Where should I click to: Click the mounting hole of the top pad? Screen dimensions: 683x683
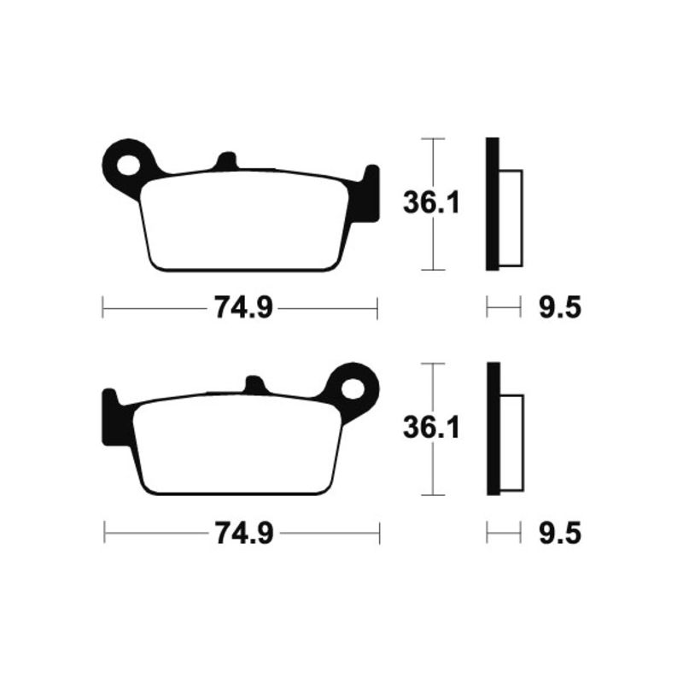[x=131, y=163]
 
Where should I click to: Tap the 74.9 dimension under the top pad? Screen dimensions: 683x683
[x=239, y=307]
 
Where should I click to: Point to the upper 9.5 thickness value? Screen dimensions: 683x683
[x=561, y=307]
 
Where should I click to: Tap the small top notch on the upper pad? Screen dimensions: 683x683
[x=226, y=161]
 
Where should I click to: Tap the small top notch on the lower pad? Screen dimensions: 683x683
[x=253, y=384]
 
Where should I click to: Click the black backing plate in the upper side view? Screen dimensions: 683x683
[x=492, y=203]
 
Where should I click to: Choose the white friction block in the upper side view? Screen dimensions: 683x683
[x=510, y=217]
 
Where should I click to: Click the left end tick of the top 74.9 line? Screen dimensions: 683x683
[x=102, y=307]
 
